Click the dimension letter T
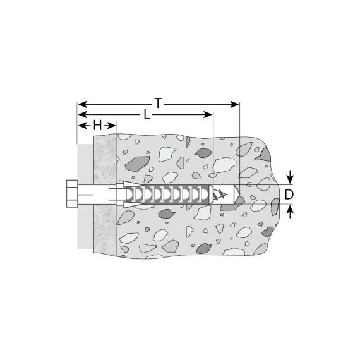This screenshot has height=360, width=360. [x=158, y=103]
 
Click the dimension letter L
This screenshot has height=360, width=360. [x=147, y=114]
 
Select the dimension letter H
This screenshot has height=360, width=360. [x=97, y=126]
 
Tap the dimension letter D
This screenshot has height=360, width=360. [x=289, y=195]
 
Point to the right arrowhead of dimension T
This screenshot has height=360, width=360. [x=235, y=104]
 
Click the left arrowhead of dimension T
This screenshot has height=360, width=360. [x=83, y=104]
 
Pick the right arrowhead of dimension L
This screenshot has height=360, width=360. [x=208, y=114]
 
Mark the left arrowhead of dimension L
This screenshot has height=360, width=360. [x=83, y=114]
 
